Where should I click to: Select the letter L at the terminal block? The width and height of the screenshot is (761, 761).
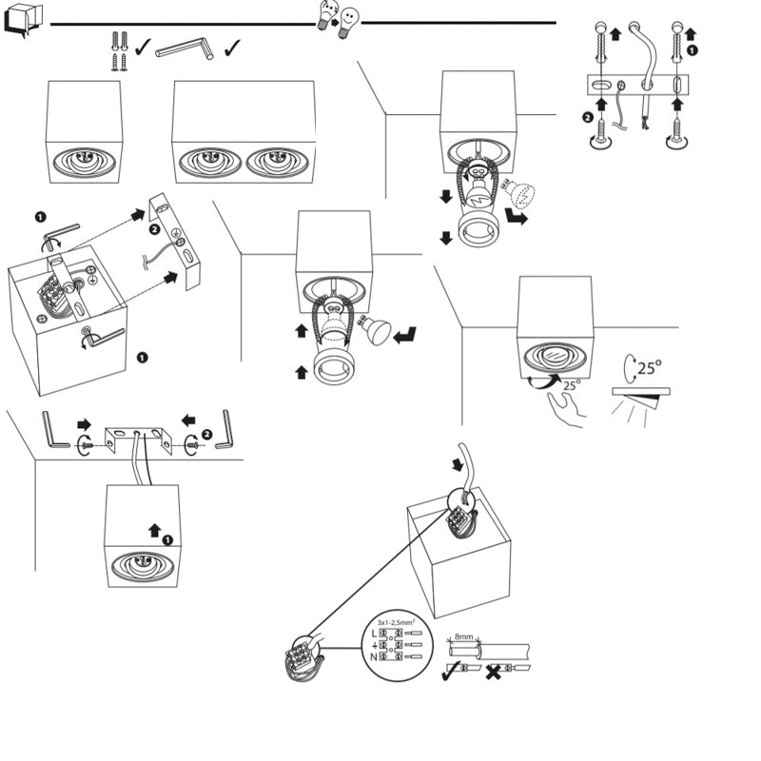coord(374,633)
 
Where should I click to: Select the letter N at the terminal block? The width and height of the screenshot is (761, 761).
coord(374,656)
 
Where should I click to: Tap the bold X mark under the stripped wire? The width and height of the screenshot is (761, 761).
coord(494,672)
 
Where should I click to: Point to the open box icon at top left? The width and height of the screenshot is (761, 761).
coord(23,21)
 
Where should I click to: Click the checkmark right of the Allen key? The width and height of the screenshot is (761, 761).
coord(232,47)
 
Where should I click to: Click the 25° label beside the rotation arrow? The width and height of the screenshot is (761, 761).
coord(651,367)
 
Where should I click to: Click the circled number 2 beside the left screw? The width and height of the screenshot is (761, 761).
coord(587,118)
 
